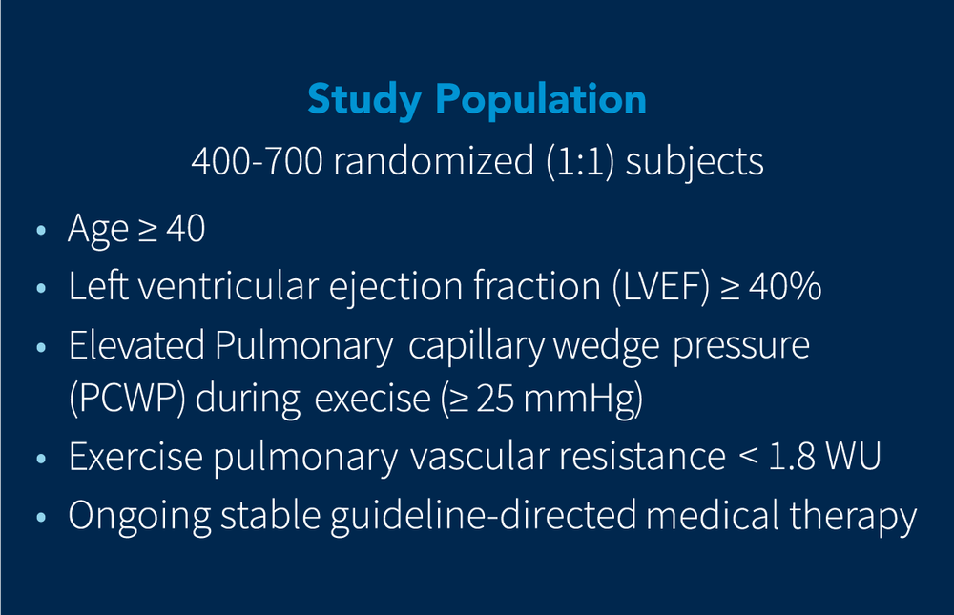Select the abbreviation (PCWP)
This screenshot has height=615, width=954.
coord(127,400)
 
